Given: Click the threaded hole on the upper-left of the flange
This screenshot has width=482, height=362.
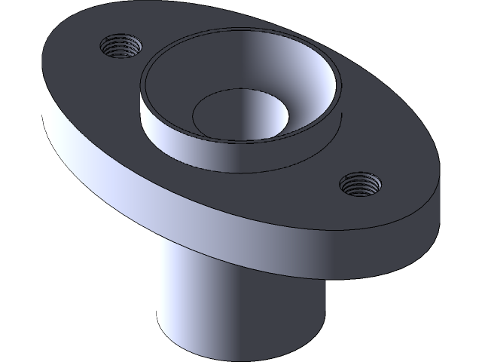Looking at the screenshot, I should pos(121,48).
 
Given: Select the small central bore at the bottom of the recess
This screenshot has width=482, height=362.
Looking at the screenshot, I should pos(239,115).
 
